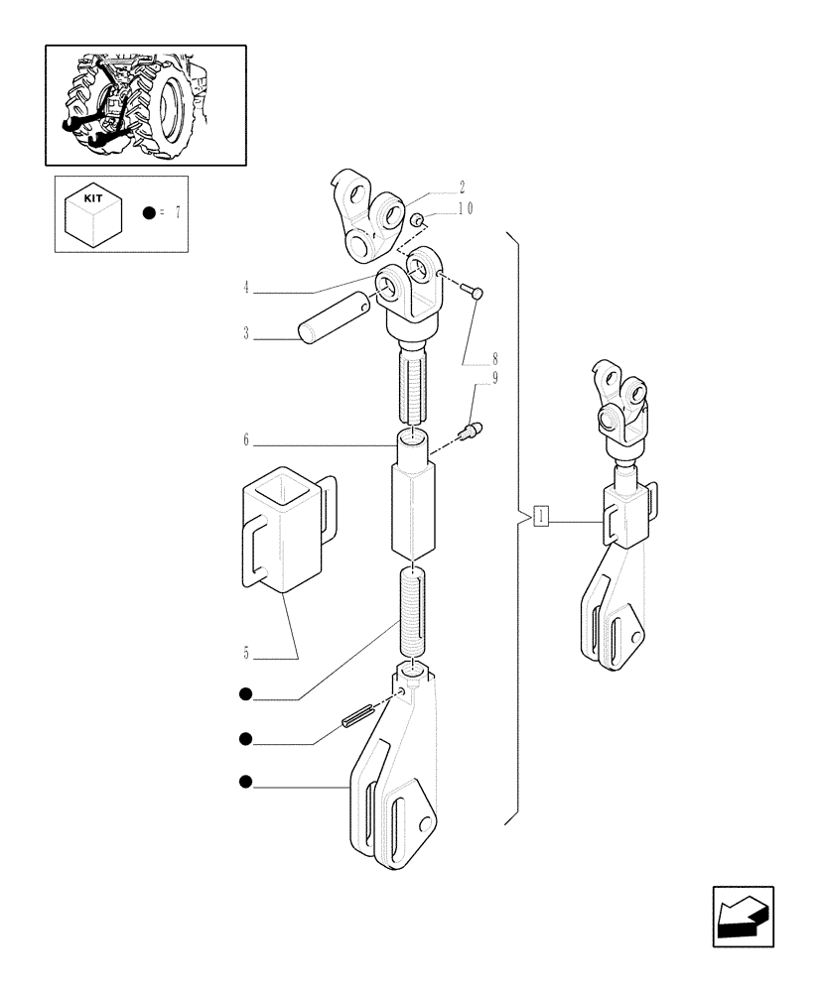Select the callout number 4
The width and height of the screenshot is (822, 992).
point(245,289)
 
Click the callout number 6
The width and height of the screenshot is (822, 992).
point(245,438)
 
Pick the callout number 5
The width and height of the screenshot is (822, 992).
point(245,653)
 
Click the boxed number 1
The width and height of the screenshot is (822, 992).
point(541,516)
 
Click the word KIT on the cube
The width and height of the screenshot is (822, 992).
point(93,198)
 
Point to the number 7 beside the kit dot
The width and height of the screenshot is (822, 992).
point(177,212)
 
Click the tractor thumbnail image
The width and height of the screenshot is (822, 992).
point(145,104)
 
